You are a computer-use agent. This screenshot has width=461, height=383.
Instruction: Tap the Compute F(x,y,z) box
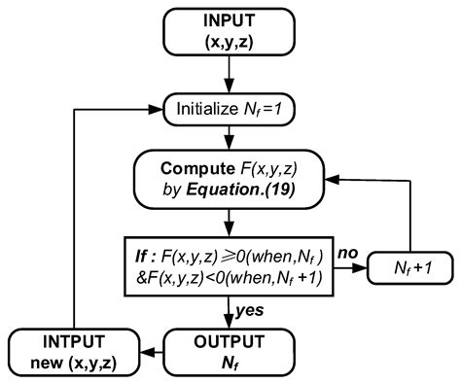[230, 180]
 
